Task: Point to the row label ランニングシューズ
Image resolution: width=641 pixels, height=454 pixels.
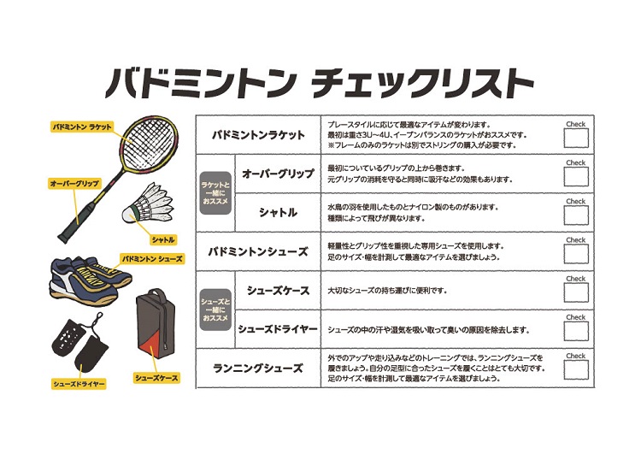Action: (258, 369)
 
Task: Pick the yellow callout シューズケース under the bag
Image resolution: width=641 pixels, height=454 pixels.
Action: (156, 377)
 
